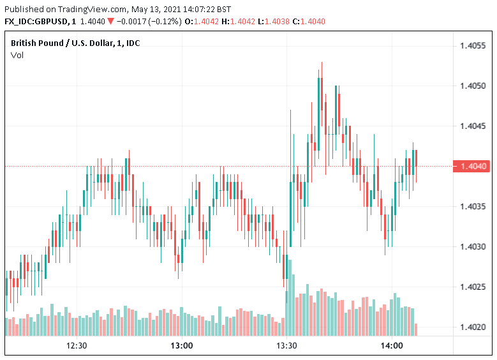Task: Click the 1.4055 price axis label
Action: click(472, 46)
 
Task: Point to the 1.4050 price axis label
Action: click(472, 86)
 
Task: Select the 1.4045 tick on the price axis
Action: click(472, 126)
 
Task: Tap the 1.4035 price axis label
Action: click(472, 207)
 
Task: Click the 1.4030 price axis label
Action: click(472, 247)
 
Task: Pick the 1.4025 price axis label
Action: click(472, 287)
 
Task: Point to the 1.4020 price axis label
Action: click(472, 327)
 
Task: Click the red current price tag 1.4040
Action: click(472, 167)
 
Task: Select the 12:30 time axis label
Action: click(77, 346)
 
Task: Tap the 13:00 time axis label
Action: click(182, 346)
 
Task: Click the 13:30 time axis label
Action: click(287, 346)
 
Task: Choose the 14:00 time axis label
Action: click(392, 346)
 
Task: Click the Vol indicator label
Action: click(17, 55)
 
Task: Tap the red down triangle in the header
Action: click(111, 21)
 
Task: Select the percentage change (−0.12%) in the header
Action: click(163, 21)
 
